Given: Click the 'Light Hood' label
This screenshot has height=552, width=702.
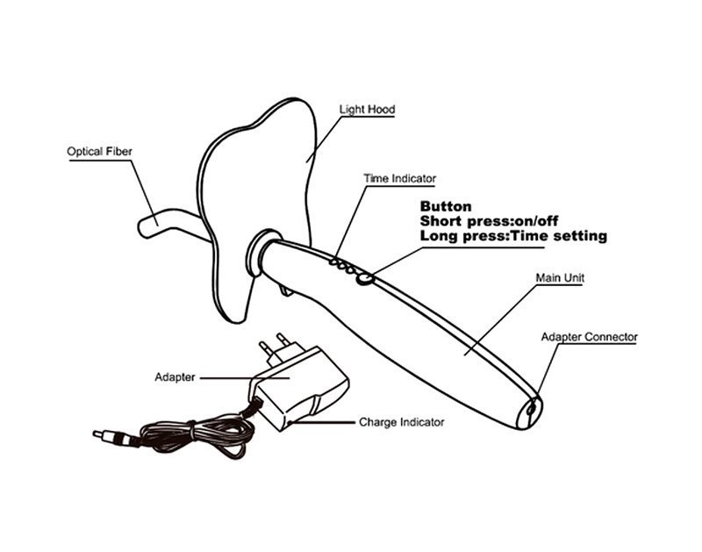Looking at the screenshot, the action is pyautogui.click(x=367, y=109).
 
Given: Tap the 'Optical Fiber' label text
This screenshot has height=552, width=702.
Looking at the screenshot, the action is pyautogui.click(x=99, y=151).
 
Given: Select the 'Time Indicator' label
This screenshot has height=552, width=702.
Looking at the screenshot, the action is pyautogui.click(x=399, y=178).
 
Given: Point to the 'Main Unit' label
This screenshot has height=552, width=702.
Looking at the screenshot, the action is pyautogui.click(x=560, y=277).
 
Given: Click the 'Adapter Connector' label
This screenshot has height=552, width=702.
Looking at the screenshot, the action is pyautogui.click(x=589, y=337).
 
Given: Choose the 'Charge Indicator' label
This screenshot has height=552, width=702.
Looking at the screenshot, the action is pyautogui.click(x=402, y=422).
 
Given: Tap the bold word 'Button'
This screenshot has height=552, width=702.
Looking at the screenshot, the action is pyautogui.click(x=446, y=206).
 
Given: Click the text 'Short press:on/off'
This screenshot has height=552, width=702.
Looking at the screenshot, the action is pyautogui.click(x=489, y=220).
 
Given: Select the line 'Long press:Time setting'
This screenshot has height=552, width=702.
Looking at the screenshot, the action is pyautogui.click(x=513, y=235).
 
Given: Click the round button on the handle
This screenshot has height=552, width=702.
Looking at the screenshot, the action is pyautogui.click(x=365, y=279).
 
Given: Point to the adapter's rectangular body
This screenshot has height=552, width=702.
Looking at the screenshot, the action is pyautogui.click(x=298, y=387).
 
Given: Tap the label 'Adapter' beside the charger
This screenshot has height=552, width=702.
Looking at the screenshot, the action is pyautogui.click(x=175, y=377).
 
